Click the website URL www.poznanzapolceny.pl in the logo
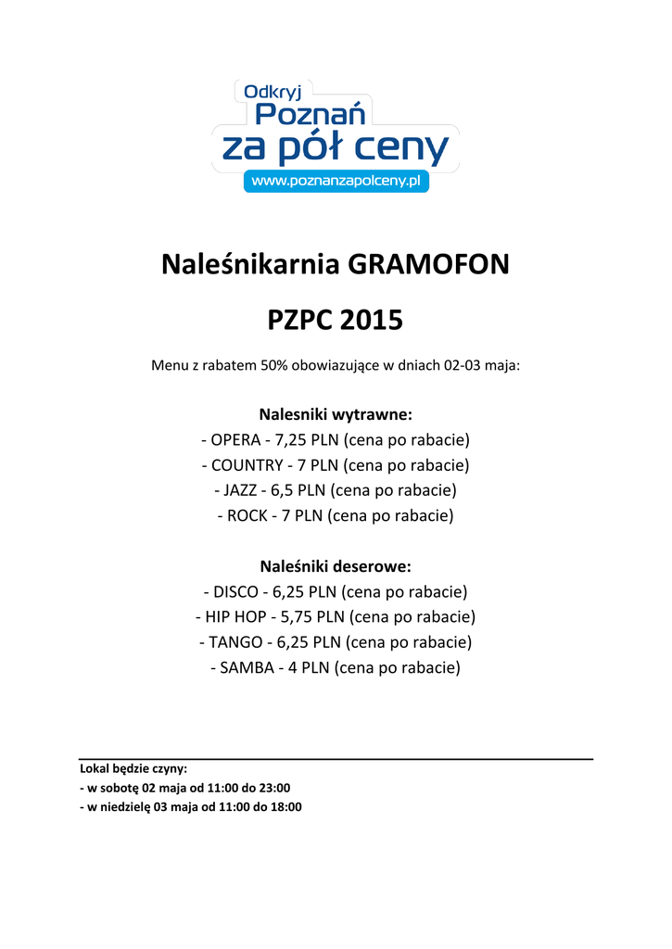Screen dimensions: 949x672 coord(336,182)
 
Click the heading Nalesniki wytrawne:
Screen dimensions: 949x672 coord(336,412)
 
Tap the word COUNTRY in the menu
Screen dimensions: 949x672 coord(249,464)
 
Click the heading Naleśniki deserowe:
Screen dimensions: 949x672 coord(336,565)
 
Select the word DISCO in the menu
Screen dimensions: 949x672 coord(237,591)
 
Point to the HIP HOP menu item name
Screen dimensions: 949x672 coord(235,616)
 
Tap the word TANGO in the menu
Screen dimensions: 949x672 coord(236,641)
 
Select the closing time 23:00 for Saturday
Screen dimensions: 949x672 coord(274,788)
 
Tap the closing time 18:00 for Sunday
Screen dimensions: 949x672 coord(285,806)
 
